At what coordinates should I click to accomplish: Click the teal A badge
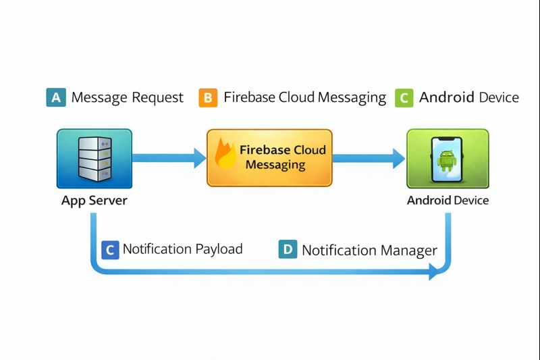click(56, 97)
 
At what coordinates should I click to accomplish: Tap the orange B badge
click(209, 97)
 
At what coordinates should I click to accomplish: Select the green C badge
click(404, 97)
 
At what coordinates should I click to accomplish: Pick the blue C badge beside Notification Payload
click(109, 249)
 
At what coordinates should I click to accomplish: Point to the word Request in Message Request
click(157, 97)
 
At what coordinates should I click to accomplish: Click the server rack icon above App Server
click(94, 159)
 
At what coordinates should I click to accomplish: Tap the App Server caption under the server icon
click(94, 201)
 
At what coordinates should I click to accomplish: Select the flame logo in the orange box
click(225, 154)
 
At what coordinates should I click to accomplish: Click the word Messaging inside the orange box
click(275, 165)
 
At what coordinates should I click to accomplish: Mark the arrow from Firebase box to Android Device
click(369, 159)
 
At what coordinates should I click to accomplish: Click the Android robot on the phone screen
click(446, 161)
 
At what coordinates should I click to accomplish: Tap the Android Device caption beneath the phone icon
click(448, 201)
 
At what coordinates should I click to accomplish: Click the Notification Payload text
click(182, 249)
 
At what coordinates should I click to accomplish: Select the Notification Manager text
click(369, 250)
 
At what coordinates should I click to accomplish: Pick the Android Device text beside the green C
click(469, 97)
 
